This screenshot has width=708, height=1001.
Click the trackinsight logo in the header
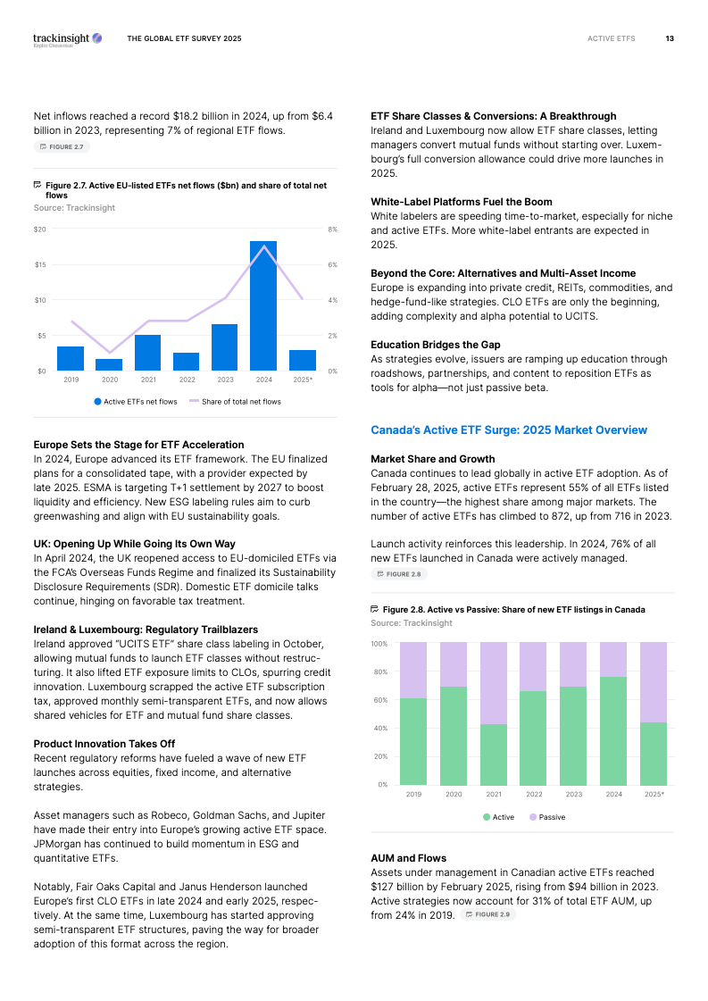click(67, 38)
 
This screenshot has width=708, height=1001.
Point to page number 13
click(670, 38)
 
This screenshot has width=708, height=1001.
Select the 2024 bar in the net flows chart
click(262, 305)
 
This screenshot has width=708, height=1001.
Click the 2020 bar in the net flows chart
click(109, 364)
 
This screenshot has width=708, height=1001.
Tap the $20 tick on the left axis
click(40, 229)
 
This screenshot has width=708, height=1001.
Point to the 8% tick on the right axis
click(332, 229)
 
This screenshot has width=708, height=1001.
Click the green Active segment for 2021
click(494, 755)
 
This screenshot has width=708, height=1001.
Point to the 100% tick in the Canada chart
click(379, 644)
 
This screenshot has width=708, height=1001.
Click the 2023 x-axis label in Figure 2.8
click(573, 794)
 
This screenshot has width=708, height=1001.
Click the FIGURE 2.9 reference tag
click(488, 914)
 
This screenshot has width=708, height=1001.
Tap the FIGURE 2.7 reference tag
click(62, 146)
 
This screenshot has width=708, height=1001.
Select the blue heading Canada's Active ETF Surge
click(508, 430)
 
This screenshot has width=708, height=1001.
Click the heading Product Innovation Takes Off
click(104, 744)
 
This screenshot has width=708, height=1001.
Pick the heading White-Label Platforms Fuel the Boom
click(461, 202)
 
